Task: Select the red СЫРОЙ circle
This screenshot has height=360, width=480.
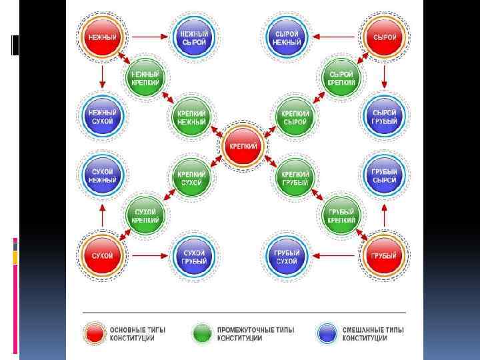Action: point(384,37)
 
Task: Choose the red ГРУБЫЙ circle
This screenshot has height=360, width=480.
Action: point(384,255)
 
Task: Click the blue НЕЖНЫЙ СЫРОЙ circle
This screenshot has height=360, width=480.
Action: point(194,37)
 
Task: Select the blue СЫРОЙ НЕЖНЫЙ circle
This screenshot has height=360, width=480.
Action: point(287,37)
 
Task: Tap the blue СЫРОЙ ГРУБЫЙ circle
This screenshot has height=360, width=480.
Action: point(384,117)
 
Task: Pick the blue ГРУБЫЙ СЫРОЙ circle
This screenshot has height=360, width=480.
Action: point(384,175)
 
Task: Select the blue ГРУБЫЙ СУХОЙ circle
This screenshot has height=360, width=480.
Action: point(287,255)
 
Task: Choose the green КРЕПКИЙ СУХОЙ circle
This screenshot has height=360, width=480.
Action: point(192,178)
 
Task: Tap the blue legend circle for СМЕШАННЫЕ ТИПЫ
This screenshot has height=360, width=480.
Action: point(327,333)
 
